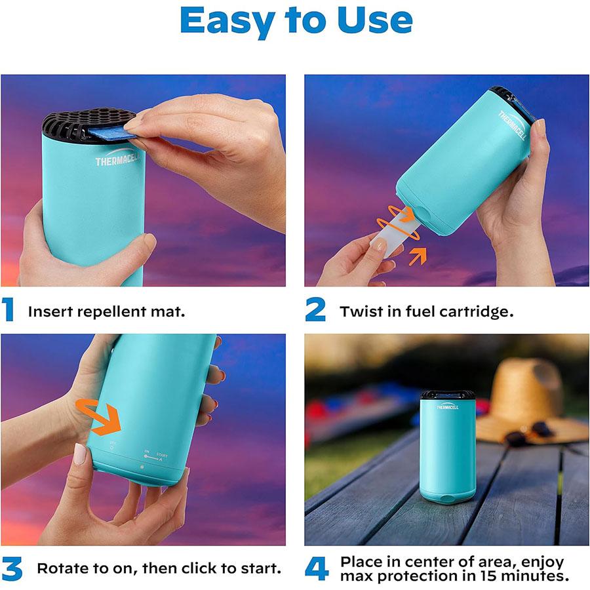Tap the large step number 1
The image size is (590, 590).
[x=9, y=310]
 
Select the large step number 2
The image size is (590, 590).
[x=315, y=310]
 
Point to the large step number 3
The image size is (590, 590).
[x=12, y=568]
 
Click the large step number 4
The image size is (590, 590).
[x=317, y=568]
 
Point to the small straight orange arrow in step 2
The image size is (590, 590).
[x=417, y=256]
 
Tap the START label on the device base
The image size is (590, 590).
[x=161, y=455]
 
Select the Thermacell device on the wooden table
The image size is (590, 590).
[x=448, y=445]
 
